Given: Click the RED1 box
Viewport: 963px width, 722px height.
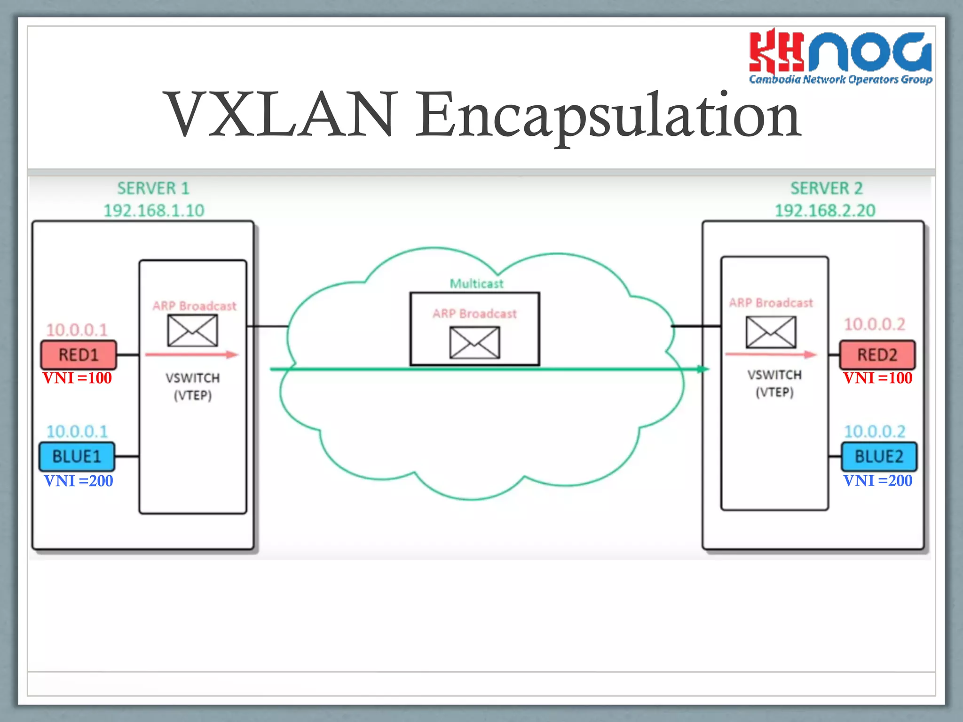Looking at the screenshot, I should pyautogui.click(x=79, y=355).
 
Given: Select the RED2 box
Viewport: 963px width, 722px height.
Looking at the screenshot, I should pyautogui.click(x=877, y=355).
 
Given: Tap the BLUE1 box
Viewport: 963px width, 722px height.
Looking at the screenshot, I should pyautogui.click(x=77, y=456).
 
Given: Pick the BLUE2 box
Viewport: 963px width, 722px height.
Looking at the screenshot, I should pyautogui.click(x=879, y=456).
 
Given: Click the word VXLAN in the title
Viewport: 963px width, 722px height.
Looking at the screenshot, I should pyautogui.click(x=280, y=115).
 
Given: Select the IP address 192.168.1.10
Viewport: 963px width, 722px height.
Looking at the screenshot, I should pyautogui.click(x=154, y=211).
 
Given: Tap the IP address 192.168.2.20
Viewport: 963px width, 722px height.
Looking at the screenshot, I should pyautogui.click(x=825, y=211).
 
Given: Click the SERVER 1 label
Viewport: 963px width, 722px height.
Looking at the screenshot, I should pyautogui.click(x=153, y=188).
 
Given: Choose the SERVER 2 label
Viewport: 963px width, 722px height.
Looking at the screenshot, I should pyautogui.click(x=826, y=188).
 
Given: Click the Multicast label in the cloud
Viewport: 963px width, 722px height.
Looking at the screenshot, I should pyautogui.click(x=476, y=283).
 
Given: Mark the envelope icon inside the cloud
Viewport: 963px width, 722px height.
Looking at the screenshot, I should pyautogui.click(x=474, y=343).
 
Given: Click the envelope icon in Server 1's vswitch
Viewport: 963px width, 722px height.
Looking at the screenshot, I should pyautogui.click(x=193, y=330).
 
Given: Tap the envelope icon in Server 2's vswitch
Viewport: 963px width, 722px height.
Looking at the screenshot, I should pyautogui.click(x=771, y=332).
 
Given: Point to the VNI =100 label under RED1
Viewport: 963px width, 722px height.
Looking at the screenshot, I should pyautogui.click(x=78, y=378).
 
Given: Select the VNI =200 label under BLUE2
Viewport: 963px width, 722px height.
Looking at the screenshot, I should pyautogui.click(x=877, y=480).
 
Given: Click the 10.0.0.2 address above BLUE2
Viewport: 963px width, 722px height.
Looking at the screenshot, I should pyautogui.click(x=875, y=431).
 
